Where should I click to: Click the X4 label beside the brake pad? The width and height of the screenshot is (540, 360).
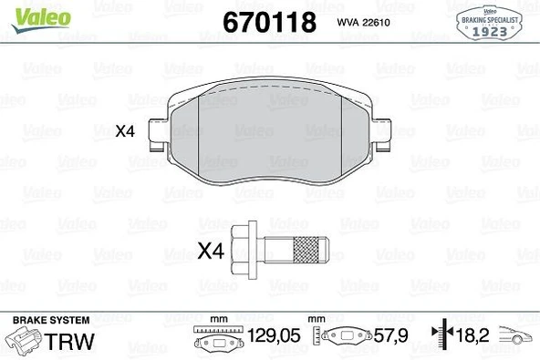[x=125, y=131]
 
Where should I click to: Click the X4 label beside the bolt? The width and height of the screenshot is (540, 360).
[x=212, y=249]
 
